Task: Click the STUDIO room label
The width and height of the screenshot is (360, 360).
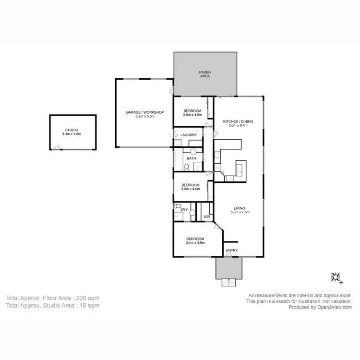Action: pyautogui.click(x=72, y=130)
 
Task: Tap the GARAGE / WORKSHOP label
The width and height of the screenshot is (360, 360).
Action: pyautogui.click(x=145, y=112)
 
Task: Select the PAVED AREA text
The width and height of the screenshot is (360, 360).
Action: pyautogui.click(x=205, y=74)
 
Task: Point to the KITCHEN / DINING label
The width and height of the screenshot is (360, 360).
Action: pyautogui.click(x=238, y=121)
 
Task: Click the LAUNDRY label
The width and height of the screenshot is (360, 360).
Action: pyautogui.click(x=189, y=135)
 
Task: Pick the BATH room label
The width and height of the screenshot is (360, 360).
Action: pyautogui.click(x=192, y=158)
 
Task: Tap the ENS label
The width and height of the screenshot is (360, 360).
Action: pyautogui.click(x=184, y=210)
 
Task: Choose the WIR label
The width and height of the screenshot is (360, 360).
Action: pyautogui.click(x=206, y=217)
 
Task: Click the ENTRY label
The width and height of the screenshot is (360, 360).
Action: pyautogui.click(x=231, y=250)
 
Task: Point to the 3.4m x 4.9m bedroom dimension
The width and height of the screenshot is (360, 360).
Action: pyautogui.click(x=195, y=243)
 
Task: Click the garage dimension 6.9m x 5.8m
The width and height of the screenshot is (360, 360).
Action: pyautogui.click(x=145, y=117)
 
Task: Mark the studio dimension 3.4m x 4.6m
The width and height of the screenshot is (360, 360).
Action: pyautogui.click(x=72, y=134)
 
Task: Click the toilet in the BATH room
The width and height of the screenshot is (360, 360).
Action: pyautogui.click(x=186, y=167)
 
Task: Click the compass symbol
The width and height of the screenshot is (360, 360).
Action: pyautogui.click(x=335, y=277)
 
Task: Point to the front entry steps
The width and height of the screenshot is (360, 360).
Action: pyautogui.click(x=229, y=283)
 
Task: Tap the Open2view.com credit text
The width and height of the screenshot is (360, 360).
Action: pyautogui.click(x=334, y=308)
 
